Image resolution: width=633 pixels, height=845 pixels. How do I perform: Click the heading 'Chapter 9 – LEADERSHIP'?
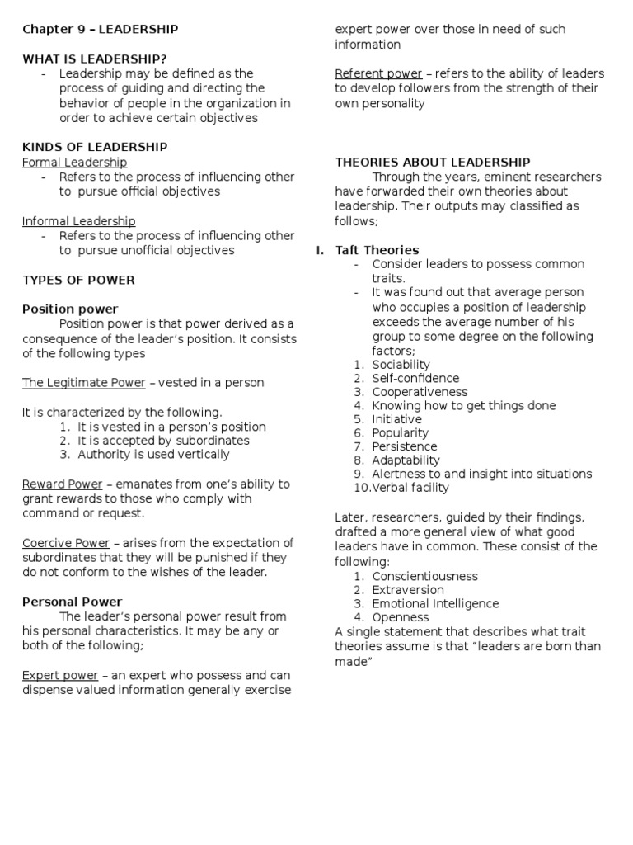point(100,29)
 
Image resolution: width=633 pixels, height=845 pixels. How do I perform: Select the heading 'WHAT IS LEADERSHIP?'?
point(94,59)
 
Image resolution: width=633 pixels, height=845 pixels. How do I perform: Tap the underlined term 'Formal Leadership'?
point(74,163)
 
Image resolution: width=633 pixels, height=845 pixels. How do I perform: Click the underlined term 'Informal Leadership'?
point(78,221)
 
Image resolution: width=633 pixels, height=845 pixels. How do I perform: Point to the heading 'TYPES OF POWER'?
point(78,280)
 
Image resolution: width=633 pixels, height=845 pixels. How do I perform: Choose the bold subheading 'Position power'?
point(70,309)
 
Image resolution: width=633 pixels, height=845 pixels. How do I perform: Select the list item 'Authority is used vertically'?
point(153,454)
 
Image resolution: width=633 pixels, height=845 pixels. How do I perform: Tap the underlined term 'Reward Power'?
point(62,484)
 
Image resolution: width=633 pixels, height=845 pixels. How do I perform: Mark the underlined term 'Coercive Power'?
point(65,543)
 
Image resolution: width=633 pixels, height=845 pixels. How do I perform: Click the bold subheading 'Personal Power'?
point(72,602)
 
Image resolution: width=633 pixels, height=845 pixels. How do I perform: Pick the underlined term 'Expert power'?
point(59,675)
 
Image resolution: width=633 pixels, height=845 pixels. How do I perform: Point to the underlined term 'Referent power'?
point(378,73)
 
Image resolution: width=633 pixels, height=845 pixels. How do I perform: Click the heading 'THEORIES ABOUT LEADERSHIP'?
point(433,163)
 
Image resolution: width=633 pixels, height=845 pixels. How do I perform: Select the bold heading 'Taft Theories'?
point(377,250)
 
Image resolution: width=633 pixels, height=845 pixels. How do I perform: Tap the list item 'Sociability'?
point(401,365)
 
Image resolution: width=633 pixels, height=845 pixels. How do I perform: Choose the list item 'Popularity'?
point(400,432)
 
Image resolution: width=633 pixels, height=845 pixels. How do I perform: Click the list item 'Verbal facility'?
point(410,488)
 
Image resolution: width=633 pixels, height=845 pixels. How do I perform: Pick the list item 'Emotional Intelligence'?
point(435,603)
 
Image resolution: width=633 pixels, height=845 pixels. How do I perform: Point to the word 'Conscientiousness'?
point(424,576)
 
